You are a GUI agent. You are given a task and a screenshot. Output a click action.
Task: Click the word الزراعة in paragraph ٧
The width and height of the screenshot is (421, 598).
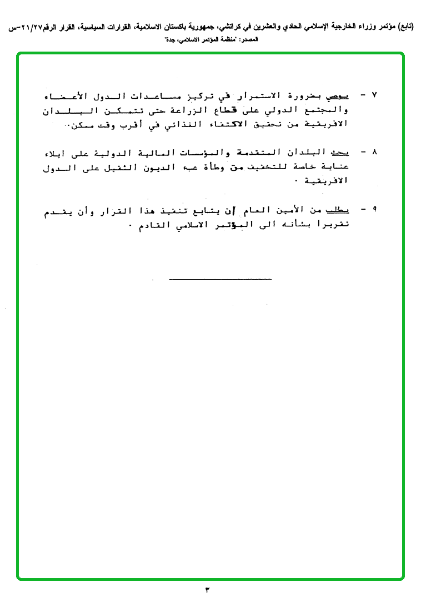[x=203, y=110]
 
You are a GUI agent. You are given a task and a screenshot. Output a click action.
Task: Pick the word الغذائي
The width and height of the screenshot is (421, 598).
[x=182, y=125]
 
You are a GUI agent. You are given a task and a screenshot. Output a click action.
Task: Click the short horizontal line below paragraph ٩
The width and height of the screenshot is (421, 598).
[x=220, y=278]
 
